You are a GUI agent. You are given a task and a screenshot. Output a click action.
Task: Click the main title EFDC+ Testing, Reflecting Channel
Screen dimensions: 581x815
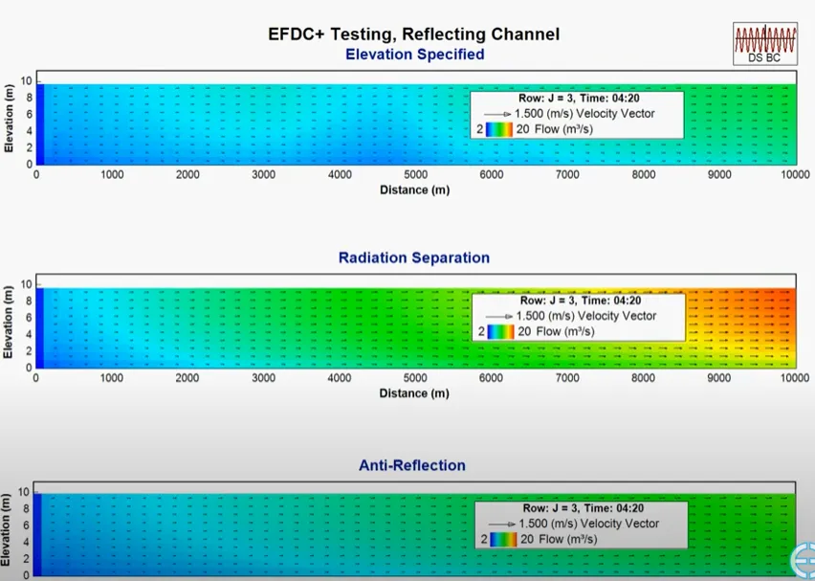(x=413, y=34)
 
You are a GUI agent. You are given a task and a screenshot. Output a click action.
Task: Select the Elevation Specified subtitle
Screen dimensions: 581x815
(x=414, y=55)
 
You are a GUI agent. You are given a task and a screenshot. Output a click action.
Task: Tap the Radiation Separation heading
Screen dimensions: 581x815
(x=413, y=257)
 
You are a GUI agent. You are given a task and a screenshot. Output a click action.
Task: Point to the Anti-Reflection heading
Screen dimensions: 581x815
(x=412, y=465)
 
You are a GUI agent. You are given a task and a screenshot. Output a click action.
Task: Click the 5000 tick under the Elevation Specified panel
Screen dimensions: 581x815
(x=415, y=175)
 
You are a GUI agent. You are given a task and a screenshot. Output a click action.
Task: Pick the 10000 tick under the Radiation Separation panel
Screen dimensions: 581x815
(x=794, y=378)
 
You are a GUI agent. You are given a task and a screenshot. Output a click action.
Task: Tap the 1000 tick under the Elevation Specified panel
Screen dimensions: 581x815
(x=112, y=175)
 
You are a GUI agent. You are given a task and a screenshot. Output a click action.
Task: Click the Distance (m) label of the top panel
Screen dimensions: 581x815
(x=414, y=190)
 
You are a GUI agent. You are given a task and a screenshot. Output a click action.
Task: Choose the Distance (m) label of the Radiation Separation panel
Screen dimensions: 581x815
(x=414, y=393)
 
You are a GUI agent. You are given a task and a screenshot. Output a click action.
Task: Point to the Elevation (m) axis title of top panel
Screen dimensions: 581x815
(x=9, y=122)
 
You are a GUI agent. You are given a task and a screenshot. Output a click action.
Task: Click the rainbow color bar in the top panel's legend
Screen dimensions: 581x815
(x=498, y=128)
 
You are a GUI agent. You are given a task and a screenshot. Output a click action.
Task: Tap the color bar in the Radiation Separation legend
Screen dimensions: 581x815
(x=501, y=331)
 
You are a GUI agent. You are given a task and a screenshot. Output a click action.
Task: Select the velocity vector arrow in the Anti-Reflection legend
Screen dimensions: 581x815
(x=502, y=525)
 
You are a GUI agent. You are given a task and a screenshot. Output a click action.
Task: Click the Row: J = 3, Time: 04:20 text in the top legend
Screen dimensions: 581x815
(x=577, y=99)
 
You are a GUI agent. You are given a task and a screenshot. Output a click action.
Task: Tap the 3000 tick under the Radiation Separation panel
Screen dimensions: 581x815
(x=263, y=378)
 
